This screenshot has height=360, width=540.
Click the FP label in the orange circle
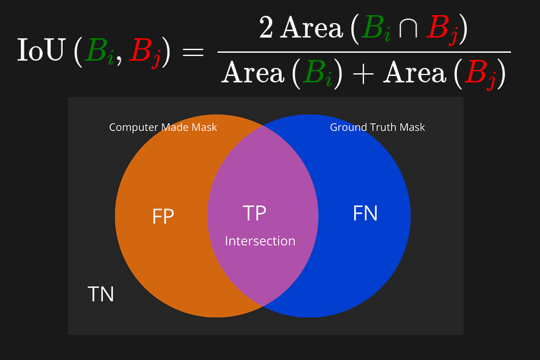tap(163, 216)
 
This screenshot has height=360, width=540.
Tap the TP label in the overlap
tap(255, 213)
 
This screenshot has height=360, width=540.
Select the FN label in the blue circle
tap(365, 213)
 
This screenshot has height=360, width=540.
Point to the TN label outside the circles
tap(101, 294)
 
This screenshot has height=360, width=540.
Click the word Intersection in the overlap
tap(260, 241)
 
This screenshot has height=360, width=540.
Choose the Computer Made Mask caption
tap(163, 127)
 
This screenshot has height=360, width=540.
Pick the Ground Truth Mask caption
tap(377, 127)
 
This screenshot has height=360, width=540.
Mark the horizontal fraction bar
tap(364, 51)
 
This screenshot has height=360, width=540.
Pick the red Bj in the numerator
tap(442, 30)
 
